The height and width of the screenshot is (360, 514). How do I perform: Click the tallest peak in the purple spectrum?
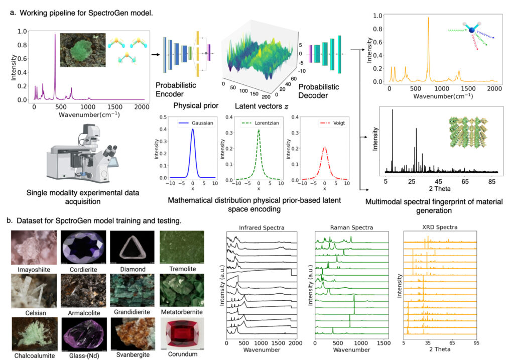(55, 35)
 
